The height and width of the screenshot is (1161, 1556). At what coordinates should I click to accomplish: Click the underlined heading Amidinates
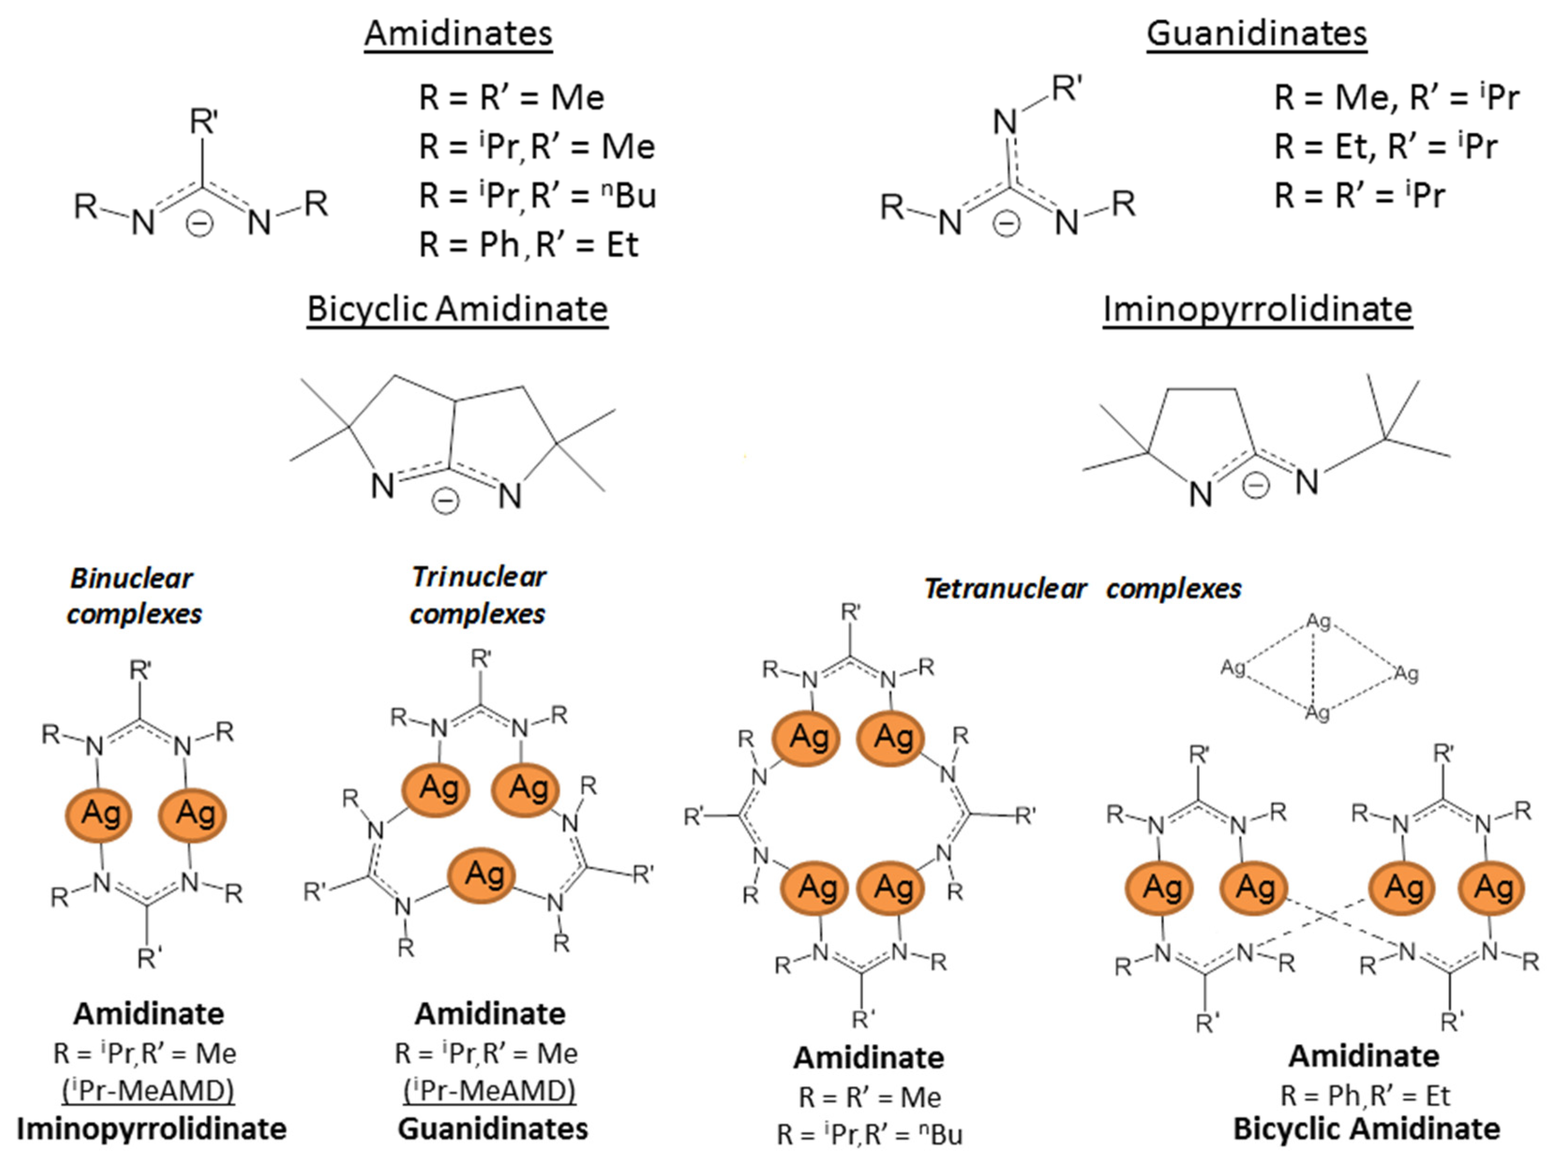(x=458, y=34)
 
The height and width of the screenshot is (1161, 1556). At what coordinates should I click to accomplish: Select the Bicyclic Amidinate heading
(x=457, y=309)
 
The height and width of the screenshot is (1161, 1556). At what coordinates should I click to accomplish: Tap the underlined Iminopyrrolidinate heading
(x=1257, y=309)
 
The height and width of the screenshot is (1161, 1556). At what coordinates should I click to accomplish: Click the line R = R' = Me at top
(x=511, y=97)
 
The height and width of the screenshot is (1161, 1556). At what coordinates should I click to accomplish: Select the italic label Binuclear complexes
(x=134, y=596)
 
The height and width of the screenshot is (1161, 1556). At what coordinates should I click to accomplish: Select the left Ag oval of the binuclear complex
(x=99, y=814)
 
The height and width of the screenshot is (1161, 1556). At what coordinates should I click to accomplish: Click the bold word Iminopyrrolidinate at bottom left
(x=151, y=1129)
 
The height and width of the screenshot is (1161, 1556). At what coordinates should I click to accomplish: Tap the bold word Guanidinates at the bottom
(x=492, y=1129)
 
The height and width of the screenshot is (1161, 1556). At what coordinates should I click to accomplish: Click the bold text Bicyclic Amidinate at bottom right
(x=1366, y=1129)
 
